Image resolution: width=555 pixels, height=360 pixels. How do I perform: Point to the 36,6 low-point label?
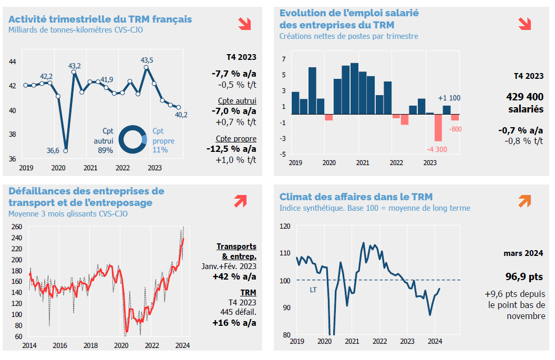[53, 150]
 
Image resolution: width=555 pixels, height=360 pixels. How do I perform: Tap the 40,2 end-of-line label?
[182, 115]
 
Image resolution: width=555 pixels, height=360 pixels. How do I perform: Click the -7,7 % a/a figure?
[234, 74]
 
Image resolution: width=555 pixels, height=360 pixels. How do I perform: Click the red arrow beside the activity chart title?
[244, 23]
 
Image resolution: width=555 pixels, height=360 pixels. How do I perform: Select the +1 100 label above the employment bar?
[449, 98]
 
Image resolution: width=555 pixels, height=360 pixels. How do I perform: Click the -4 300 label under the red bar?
[437, 148]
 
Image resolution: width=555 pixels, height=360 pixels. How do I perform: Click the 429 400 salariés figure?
[525, 103]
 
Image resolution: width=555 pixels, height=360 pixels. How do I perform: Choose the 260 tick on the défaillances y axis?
[16, 227]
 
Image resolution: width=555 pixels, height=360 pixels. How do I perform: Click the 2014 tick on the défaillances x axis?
[29, 346]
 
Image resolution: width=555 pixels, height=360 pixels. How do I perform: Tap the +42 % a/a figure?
[234, 276]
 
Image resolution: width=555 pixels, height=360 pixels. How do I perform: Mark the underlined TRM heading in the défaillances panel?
[248, 292]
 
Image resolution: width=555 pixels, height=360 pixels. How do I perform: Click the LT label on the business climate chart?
[313, 289]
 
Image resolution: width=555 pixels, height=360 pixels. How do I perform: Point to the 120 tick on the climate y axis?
[285, 226]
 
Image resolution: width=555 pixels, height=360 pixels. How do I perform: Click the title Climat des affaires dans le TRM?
[356, 197]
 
